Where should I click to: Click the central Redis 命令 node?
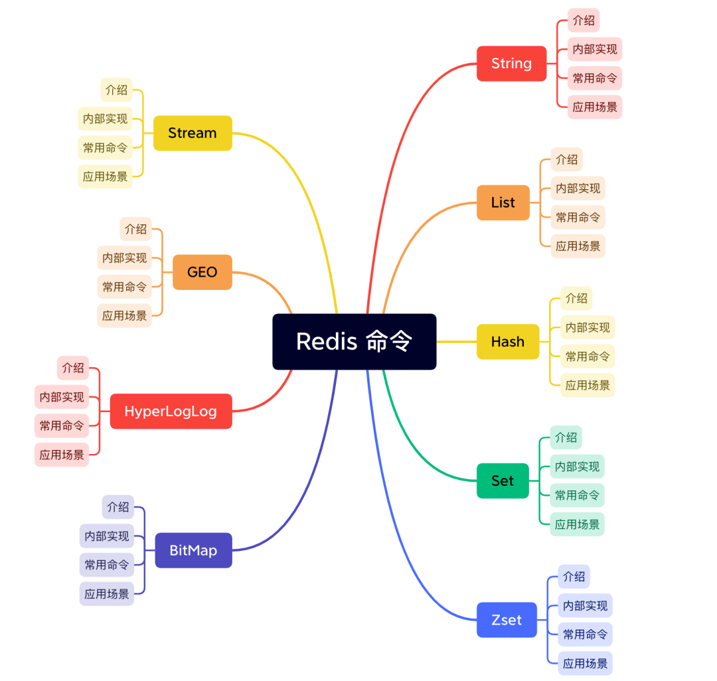[x=354, y=341]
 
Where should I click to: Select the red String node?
[x=511, y=64]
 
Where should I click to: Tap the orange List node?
[x=503, y=202]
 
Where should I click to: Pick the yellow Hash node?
[x=507, y=342]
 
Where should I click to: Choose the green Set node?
[x=503, y=481]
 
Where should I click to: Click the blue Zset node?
[x=506, y=620]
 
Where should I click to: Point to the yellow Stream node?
[x=193, y=133]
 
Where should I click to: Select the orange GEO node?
[x=202, y=272]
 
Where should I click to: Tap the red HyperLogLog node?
[x=171, y=412]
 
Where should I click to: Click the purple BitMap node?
[x=193, y=550]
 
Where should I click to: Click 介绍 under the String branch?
[x=584, y=21]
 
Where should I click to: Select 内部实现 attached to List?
[x=578, y=189]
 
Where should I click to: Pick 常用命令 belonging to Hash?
[x=588, y=356]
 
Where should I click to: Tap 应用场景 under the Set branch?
[x=577, y=524]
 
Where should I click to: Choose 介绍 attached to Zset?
[x=574, y=576]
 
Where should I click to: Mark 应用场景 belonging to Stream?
[x=105, y=177]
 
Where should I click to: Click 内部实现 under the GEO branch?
[x=124, y=258]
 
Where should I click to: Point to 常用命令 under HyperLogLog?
[x=62, y=425]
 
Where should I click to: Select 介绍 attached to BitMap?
[x=118, y=506]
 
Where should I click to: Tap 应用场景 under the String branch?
[x=595, y=107]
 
